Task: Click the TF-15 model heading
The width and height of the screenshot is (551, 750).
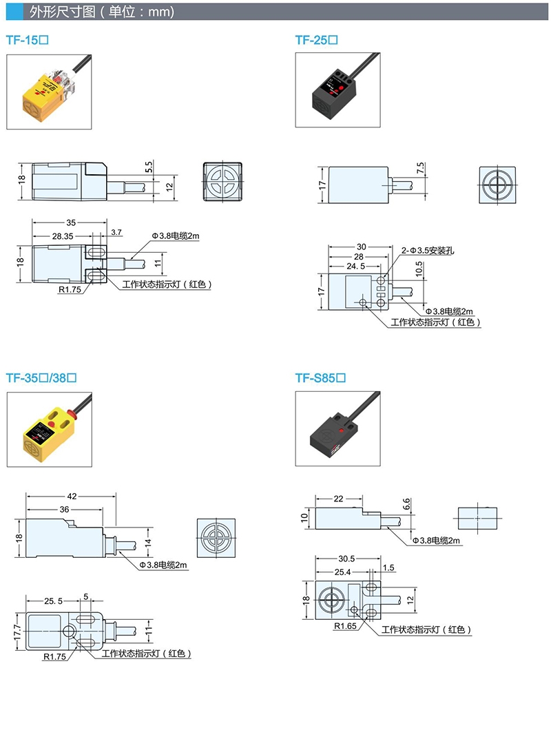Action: pyautogui.click(x=27, y=40)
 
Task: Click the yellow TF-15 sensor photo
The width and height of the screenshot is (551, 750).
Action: pyautogui.click(x=48, y=92)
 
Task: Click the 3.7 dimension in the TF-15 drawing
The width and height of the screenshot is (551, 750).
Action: pyautogui.click(x=115, y=232)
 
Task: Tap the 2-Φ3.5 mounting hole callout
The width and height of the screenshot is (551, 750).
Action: pyautogui.click(x=428, y=250)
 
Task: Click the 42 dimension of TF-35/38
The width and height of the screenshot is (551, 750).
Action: pyautogui.click(x=72, y=494)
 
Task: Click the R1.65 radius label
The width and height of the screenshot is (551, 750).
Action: pyautogui.click(x=346, y=627)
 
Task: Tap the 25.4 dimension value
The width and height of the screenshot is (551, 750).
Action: pyautogui.click(x=342, y=572)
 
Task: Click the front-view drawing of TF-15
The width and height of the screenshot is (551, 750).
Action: pyautogui.click(x=223, y=182)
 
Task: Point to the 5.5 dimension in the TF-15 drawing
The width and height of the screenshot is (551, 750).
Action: pyautogui.click(x=148, y=167)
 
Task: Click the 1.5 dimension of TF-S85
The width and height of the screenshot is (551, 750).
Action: pyautogui.click(x=388, y=567)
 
